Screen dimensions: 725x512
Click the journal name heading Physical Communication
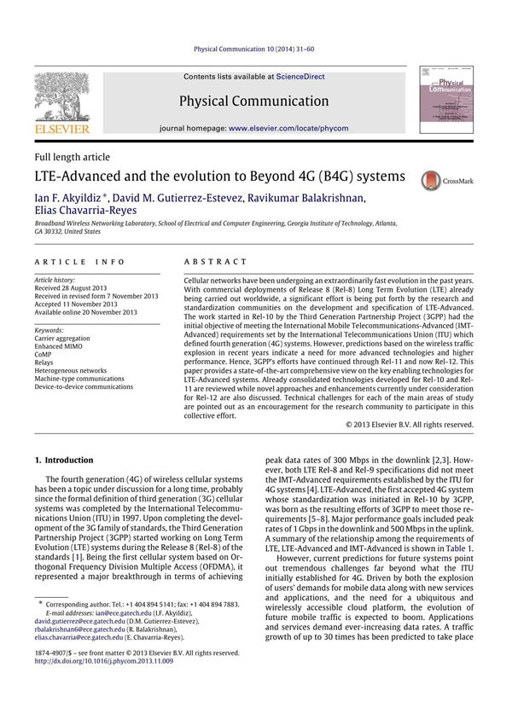tap(253, 101)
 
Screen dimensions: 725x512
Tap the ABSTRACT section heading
tap(215, 261)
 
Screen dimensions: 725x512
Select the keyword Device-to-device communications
tap(84, 386)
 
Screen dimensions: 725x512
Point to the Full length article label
tap(72, 157)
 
